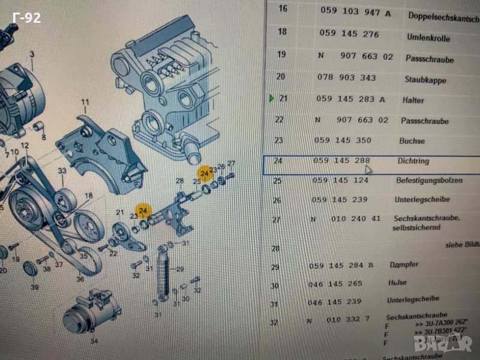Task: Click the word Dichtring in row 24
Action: (x=413, y=161)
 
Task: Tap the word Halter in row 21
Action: (x=413, y=100)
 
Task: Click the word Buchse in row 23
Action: (x=412, y=141)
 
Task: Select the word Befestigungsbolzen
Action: (x=429, y=180)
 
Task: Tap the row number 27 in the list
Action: (x=276, y=220)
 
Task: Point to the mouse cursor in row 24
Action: (x=368, y=170)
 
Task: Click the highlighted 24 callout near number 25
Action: (x=206, y=174)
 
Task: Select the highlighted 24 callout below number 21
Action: (x=143, y=211)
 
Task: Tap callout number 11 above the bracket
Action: (x=85, y=102)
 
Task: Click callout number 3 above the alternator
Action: (x=32, y=55)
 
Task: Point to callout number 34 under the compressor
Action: (x=93, y=342)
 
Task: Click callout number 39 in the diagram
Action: (x=35, y=287)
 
